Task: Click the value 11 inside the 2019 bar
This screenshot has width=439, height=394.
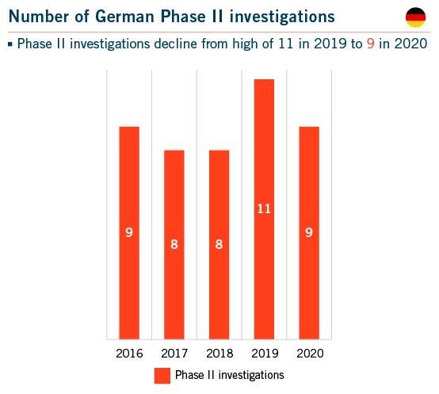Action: (264, 209)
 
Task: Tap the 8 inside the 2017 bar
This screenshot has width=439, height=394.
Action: (174, 244)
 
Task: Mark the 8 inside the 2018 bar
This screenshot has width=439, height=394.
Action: (219, 244)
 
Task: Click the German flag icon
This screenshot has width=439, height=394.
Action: (415, 17)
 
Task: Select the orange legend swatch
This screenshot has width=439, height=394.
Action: (162, 375)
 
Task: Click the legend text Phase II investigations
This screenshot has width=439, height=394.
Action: (229, 375)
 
